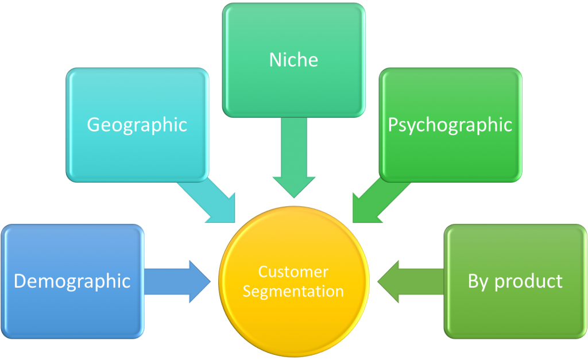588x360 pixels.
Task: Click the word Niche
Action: click(293, 60)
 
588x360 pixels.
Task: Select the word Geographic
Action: click(137, 125)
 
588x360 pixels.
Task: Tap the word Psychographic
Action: click(450, 125)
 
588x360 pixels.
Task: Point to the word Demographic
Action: click(72, 281)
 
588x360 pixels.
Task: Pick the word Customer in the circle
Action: click(293, 272)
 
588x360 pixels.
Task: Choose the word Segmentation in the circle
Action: click(293, 291)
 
